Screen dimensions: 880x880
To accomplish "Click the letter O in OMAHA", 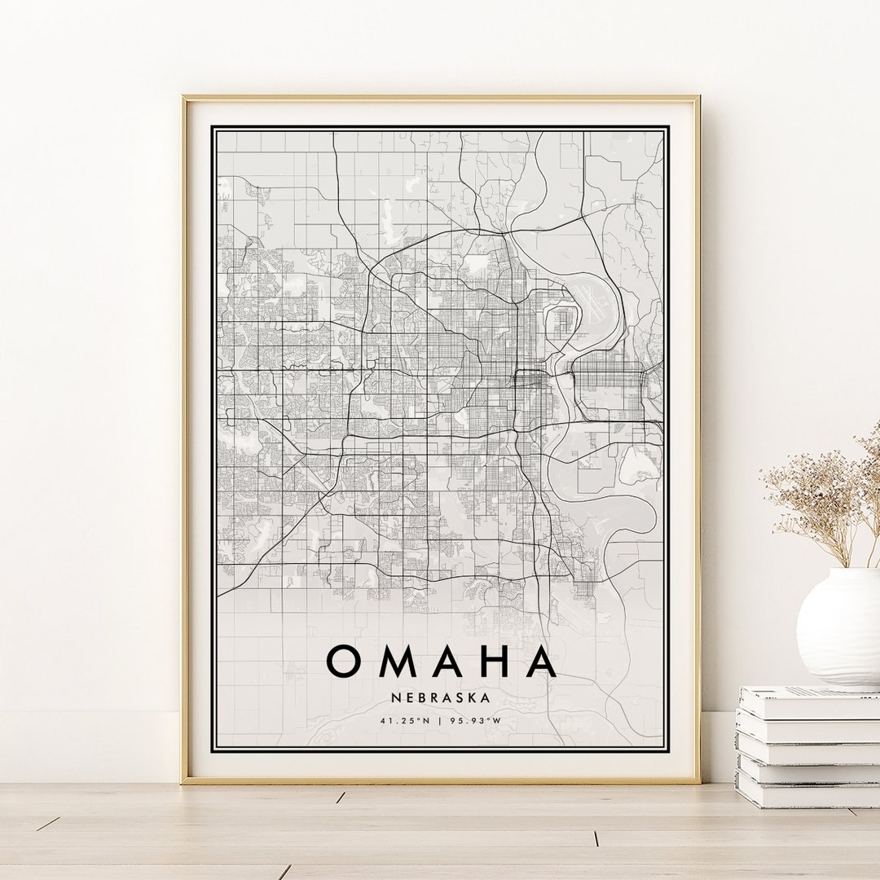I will pyautogui.click(x=344, y=661).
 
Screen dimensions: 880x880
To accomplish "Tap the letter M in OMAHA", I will pyautogui.click(x=398, y=661).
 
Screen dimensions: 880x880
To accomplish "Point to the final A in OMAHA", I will pyautogui.click(x=540, y=661).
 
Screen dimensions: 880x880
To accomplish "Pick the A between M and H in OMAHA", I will pyautogui.click(x=447, y=661).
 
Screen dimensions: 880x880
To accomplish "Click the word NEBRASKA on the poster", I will pyautogui.click(x=440, y=697).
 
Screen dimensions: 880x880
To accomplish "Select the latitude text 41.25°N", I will pyautogui.click(x=405, y=720).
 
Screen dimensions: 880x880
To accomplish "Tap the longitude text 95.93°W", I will pyautogui.click(x=475, y=720).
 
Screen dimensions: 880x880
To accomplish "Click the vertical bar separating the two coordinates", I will pyautogui.click(x=440, y=720).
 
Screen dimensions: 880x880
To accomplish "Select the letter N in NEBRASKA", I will pyautogui.click(x=394, y=697).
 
